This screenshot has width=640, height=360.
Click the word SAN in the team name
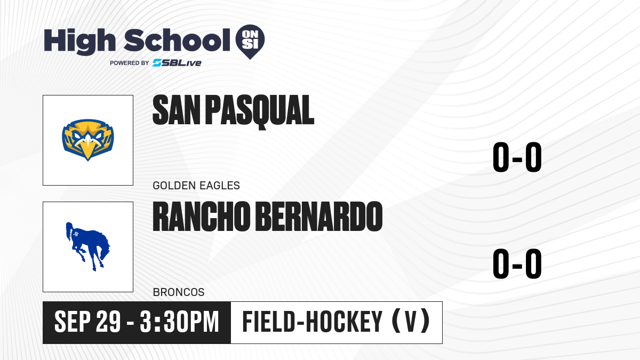coord(177,110)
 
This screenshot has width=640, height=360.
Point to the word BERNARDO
coord(319,217)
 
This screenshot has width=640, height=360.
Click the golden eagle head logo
coord(88,140)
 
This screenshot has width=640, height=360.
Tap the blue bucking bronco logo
coord(88,246)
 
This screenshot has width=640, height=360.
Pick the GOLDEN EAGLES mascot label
coord(196,186)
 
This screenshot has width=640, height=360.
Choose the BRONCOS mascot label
coord(179,292)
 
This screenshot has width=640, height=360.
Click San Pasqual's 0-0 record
coord(517,157)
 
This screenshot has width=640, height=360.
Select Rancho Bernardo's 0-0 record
coord(517,263)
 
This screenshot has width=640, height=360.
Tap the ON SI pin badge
coord(250,42)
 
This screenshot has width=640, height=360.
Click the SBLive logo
coord(177,63)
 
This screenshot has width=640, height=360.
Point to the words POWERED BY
coord(130,63)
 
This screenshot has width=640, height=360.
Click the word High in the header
coord(80,42)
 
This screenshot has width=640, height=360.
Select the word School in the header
coord(177,40)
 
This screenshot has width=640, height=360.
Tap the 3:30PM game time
coord(179,322)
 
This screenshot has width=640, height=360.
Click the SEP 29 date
coord(87,322)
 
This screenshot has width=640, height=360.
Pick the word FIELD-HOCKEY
coord(313,322)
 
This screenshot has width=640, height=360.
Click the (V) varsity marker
coord(411,321)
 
